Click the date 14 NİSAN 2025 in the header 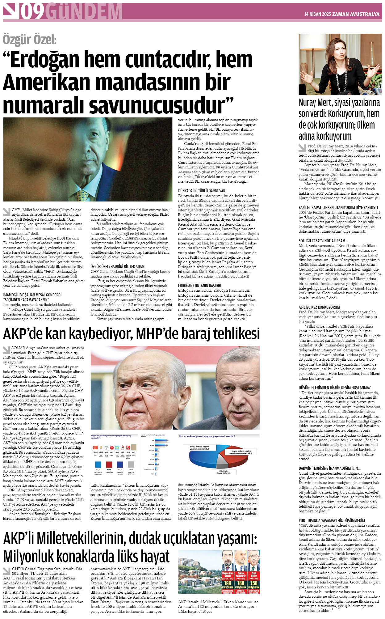(317, 14)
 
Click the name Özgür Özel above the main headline (29, 40)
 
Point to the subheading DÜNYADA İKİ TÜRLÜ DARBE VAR (201, 191)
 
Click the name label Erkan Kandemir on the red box (241, 575)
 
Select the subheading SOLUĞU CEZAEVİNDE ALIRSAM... (323, 240)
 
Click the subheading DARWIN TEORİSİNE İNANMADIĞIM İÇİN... (329, 468)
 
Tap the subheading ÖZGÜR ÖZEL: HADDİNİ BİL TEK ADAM (117, 266)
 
